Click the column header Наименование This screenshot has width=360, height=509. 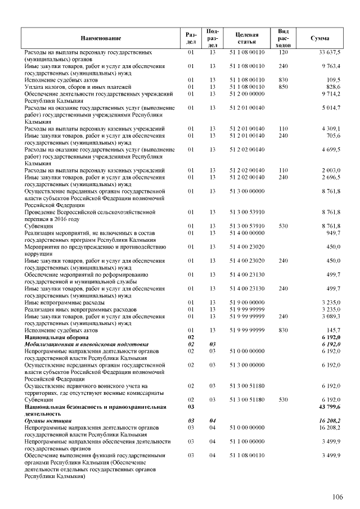101,38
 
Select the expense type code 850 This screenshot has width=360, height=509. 283,87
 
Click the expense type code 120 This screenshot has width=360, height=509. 283,52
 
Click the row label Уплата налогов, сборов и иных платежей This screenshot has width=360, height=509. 78,87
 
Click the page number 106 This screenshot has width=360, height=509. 337,496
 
